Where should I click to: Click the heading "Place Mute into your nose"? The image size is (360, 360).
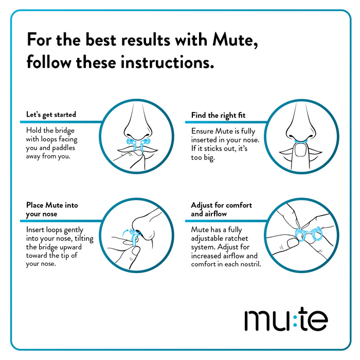click(x=52, y=209)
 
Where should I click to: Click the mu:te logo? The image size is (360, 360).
click(x=285, y=319)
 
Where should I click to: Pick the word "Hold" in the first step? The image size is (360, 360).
click(x=34, y=131)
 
